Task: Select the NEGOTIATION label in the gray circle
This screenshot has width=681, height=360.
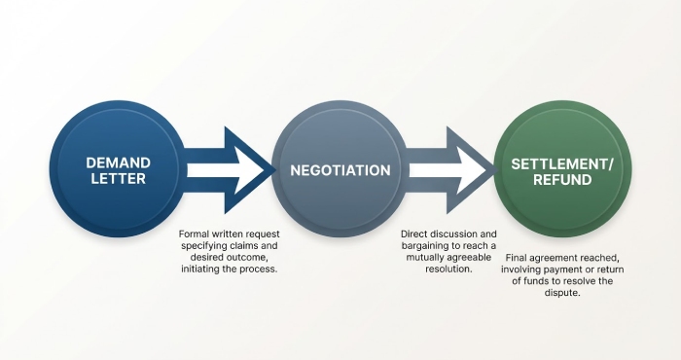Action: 340,170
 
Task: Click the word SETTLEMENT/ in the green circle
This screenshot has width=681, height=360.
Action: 562,163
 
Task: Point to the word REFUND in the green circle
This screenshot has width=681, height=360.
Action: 562,182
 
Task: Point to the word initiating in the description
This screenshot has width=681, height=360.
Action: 205,258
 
